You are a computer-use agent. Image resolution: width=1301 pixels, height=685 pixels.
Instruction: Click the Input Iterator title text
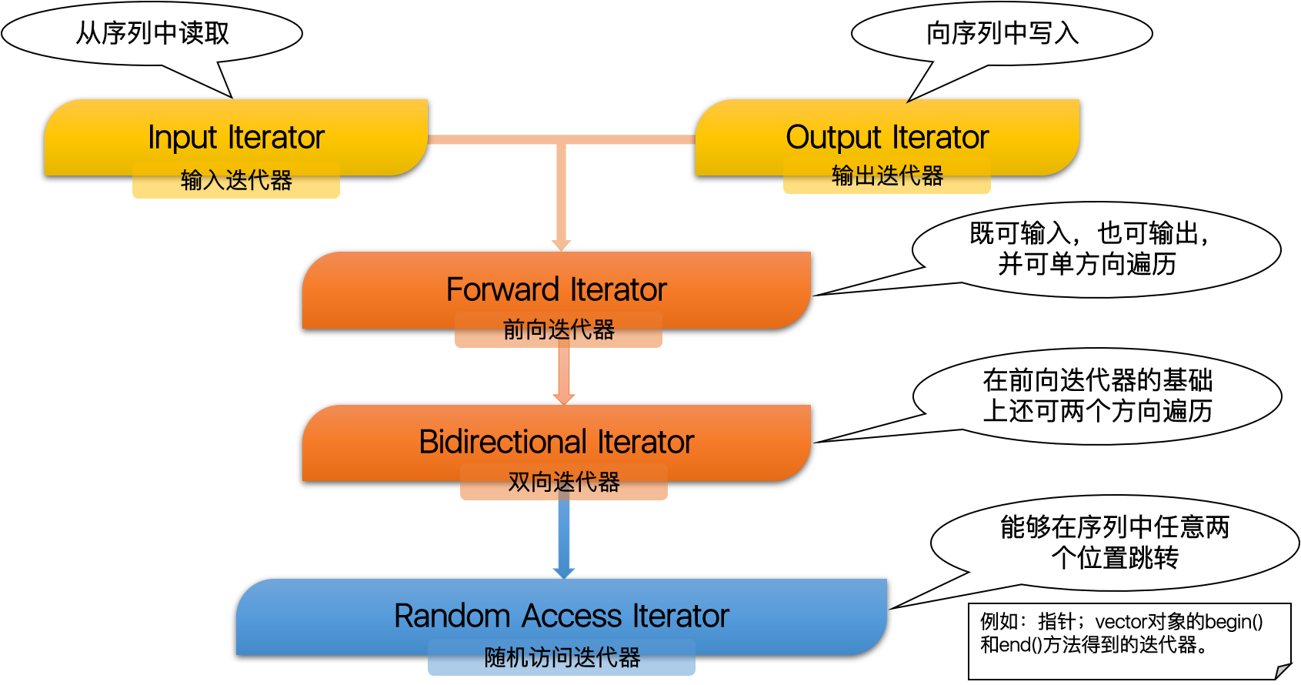[236, 138]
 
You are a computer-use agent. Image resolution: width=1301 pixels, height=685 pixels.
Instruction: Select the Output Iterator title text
[887, 138]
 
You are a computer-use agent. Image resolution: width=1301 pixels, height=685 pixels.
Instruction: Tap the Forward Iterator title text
[556, 290]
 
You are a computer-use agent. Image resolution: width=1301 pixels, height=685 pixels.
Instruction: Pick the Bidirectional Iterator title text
[556, 443]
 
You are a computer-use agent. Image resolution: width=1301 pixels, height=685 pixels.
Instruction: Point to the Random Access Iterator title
[562, 616]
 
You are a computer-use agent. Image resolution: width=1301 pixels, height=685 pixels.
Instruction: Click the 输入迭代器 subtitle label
[236, 180]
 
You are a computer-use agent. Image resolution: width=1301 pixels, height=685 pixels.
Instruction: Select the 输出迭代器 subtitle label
[887, 176]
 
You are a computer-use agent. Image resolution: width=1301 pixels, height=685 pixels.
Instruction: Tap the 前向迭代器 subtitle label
[559, 330]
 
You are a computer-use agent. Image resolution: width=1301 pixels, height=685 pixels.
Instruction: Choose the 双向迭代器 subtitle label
[564, 483]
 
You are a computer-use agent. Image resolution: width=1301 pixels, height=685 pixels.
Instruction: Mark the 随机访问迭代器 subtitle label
[562, 658]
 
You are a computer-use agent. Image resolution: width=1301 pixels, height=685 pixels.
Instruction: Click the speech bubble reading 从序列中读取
[152, 33]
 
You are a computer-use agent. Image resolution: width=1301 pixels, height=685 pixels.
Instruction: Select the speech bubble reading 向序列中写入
[1002, 33]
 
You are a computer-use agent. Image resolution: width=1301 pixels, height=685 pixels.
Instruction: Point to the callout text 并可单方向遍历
[1087, 265]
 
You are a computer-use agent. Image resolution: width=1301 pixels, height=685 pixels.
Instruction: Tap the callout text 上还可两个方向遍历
[1097, 412]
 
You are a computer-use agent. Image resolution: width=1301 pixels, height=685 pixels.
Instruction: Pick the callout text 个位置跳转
[1115, 558]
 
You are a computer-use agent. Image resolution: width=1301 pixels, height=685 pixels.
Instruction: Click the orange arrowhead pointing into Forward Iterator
[562, 244]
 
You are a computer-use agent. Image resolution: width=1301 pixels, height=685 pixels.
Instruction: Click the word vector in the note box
[1120, 622]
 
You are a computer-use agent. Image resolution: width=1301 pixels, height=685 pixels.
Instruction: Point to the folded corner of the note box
[1282, 670]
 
